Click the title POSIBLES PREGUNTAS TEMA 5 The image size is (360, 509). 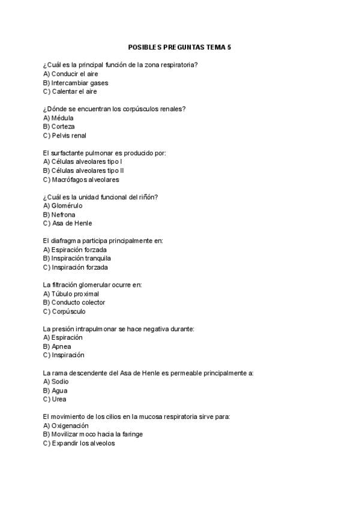click(179, 46)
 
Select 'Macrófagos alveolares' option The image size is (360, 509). click(81, 179)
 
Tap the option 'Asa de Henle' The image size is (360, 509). click(67, 223)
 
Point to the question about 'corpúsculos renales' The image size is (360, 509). click(114, 109)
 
